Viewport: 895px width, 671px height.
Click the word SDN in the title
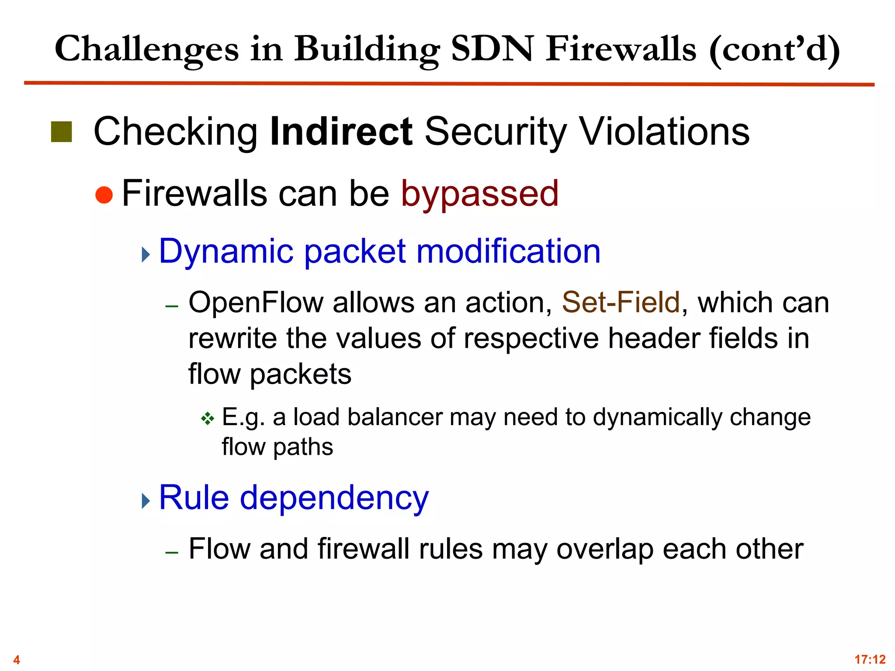click(x=492, y=49)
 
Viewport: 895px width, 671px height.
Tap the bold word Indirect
click(x=341, y=131)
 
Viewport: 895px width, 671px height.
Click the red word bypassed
click(x=479, y=194)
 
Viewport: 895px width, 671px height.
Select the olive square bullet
click(x=61, y=132)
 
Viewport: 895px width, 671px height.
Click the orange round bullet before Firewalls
click(x=104, y=195)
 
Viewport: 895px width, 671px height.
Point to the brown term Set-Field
click(x=621, y=302)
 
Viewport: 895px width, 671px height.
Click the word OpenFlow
click(x=255, y=302)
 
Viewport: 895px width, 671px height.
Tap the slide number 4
click(x=17, y=659)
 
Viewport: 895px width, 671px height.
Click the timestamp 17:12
click(x=870, y=659)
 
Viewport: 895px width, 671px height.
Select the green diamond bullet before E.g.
click(x=208, y=419)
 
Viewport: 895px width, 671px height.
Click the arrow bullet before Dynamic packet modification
click(x=146, y=254)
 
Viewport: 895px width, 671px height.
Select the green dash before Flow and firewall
click(x=172, y=553)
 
